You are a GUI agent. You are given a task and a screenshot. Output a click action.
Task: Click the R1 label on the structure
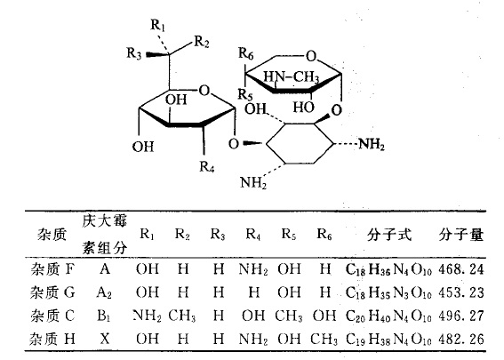(158, 26)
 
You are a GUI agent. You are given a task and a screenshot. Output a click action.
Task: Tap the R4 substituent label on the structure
(206, 166)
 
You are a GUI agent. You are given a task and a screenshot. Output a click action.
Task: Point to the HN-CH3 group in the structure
(292, 77)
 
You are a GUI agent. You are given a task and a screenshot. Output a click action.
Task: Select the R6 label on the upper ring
(246, 53)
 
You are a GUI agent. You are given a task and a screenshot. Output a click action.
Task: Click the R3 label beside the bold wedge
(133, 53)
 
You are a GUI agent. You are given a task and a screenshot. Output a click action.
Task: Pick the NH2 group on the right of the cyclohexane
(372, 144)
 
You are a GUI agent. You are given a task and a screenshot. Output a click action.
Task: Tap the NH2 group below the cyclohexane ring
(253, 182)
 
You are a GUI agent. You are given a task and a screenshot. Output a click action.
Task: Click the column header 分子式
(389, 235)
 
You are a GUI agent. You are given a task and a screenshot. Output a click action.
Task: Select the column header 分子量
(461, 235)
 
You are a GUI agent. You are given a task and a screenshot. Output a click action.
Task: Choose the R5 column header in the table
(288, 235)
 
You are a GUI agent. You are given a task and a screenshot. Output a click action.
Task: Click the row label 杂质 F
(52, 269)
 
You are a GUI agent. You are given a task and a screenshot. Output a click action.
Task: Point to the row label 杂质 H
(52, 339)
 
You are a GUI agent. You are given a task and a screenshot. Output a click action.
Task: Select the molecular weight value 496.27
(461, 316)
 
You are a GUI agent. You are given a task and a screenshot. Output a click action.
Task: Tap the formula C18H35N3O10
(388, 292)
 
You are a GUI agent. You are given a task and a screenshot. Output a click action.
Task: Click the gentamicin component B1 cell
(104, 316)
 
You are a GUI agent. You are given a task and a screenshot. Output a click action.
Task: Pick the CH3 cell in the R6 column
(324, 339)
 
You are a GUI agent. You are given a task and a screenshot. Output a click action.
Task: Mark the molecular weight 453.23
(461, 292)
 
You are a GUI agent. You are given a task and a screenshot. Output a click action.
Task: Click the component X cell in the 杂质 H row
(105, 339)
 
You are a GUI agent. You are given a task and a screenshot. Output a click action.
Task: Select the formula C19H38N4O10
(388, 339)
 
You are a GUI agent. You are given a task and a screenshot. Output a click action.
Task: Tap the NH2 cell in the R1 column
(148, 316)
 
